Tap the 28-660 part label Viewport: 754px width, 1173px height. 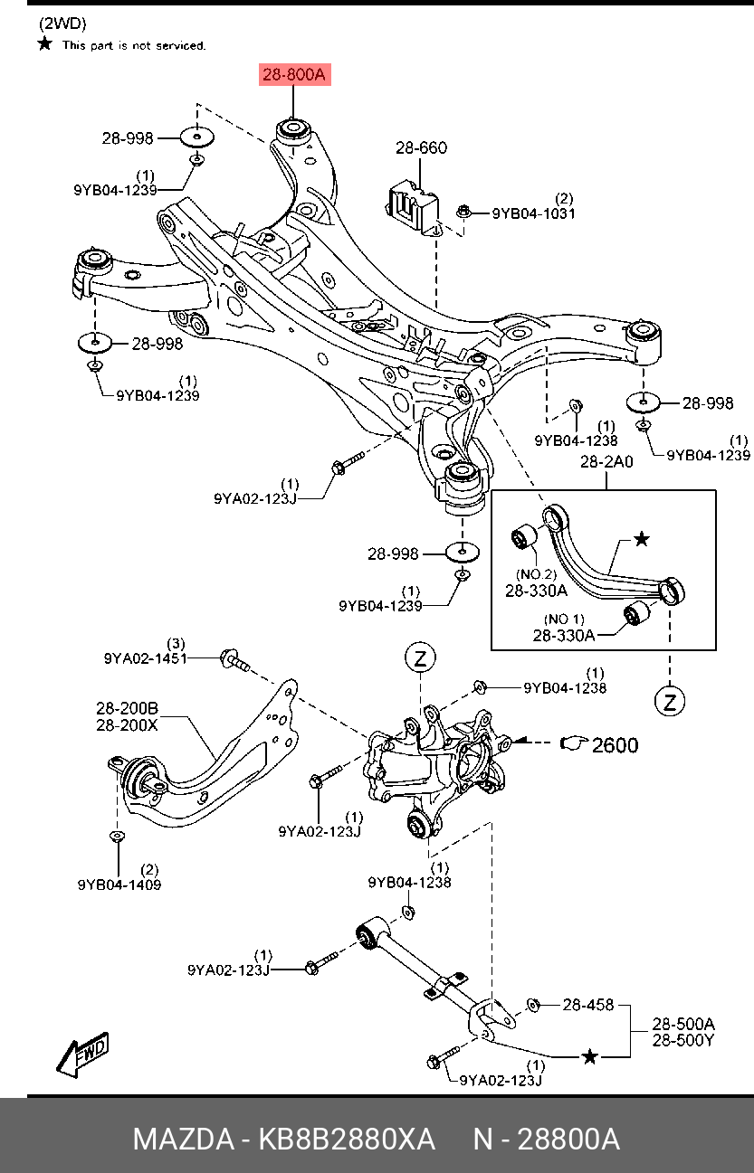pyautogui.click(x=421, y=147)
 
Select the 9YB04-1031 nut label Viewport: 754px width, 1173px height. pyautogui.click(x=533, y=214)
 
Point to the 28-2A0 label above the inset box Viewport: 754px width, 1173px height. pyautogui.click(x=606, y=461)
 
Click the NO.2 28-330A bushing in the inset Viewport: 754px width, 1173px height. pyautogui.click(x=524, y=538)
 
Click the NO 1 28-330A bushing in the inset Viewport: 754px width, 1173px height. pyautogui.click(x=638, y=616)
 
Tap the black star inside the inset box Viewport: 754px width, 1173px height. pyautogui.click(x=641, y=539)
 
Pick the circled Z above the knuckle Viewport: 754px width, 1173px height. pyautogui.click(x=421, y=657)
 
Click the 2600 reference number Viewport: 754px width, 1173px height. pyautogui.click(x=615, y=744)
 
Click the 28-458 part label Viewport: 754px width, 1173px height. pyautogui.click(x=587, y=1004)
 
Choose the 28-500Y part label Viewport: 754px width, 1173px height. pyautogui.click(x=683, y=1040)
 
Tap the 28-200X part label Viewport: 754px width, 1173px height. pyautogui.click(x=128, y=724)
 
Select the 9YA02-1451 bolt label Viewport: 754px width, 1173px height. pyautogui.click(x=145, y=657)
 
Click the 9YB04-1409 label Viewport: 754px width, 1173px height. pyautogui.click(x=119, y=884)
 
